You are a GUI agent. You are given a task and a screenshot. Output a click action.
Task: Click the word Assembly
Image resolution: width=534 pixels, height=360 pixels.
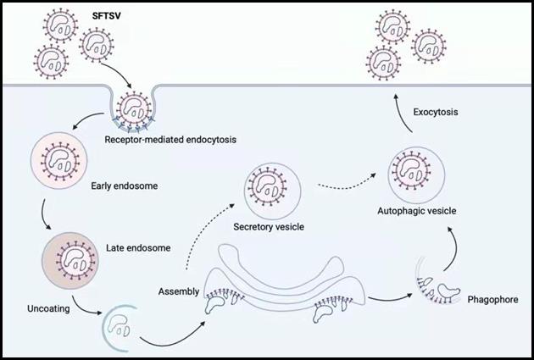tap(179, 291)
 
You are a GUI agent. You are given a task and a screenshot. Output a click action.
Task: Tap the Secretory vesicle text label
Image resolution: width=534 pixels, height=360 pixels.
tap(269, 227)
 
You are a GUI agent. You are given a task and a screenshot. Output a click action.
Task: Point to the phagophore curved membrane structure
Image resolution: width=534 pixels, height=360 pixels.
tap(432, 285)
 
